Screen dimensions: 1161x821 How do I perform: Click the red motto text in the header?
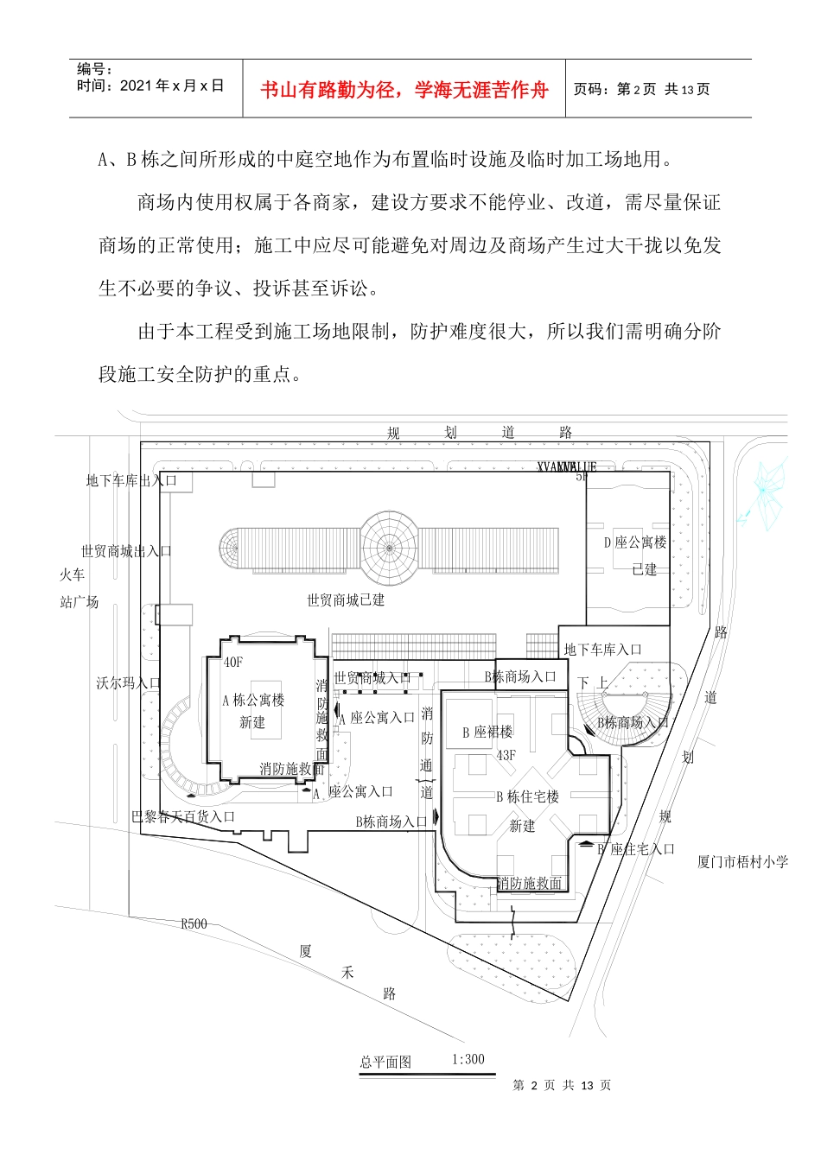(x=404, y=90)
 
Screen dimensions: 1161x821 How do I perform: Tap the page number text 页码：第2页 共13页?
(x=641, y=90)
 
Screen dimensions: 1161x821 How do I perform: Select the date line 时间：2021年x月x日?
(x=150, y=86)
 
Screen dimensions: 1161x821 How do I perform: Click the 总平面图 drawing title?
(x=385, y=1062)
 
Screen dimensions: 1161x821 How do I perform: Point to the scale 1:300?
(x=468, y=1059)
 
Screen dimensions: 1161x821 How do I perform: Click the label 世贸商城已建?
(x=346, y=600)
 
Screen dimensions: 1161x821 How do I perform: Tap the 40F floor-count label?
(x=233, y=663)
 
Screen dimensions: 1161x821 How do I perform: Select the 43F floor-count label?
(x=506, y=755)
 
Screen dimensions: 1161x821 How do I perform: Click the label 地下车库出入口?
(x=130, y=480)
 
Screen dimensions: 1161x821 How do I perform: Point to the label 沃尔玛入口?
(x=128, y=683)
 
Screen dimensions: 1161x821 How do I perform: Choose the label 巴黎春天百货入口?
(x=183, y=816)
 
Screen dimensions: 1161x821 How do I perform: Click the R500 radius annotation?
(x=194, y=923)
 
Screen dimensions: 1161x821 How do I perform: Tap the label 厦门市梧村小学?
(x=742, y=861)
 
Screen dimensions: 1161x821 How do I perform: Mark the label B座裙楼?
(x=487, y=733)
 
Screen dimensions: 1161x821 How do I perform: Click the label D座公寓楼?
(x=635, y=542)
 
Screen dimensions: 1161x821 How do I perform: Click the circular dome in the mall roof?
(x=389, y=547)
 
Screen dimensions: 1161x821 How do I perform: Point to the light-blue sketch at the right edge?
(x=764, y=489)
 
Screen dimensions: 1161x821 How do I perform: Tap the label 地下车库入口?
(x=602, y=650)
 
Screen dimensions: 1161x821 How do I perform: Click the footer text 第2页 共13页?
(x=562, y=1085)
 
